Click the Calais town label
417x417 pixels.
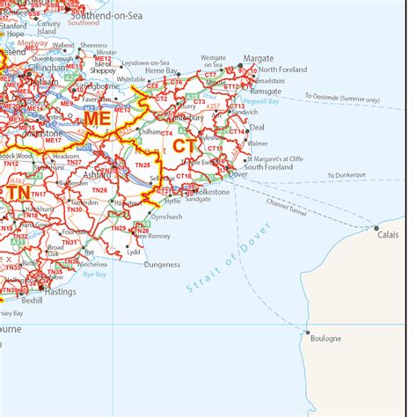387,235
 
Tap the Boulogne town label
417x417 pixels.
322,338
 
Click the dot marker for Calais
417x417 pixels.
377,228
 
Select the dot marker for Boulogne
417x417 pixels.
307,332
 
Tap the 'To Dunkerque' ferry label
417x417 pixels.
347,175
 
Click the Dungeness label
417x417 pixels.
162,264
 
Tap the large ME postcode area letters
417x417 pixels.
99,116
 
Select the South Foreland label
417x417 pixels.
268,167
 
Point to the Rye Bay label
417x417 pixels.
94,274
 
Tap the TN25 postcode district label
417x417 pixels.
143,165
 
